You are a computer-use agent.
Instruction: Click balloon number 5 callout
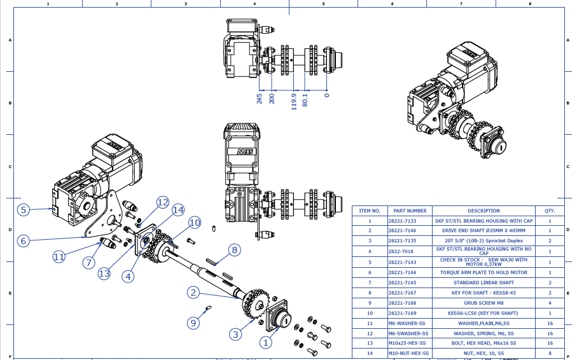pos(24,209)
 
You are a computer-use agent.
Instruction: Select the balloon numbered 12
pos(163,202)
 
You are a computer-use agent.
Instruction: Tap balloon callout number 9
pos(193,323)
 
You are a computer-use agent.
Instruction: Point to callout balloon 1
pos(265,342)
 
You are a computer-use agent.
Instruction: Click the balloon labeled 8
pos(234,250)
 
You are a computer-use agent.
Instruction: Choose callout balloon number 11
pos(59,256)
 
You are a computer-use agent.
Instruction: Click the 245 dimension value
pos(260,99)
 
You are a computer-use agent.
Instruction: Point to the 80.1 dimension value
pos(305,100)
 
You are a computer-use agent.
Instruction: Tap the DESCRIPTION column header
pos(483,211)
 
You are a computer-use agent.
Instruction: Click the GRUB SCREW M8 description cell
pos(483,303)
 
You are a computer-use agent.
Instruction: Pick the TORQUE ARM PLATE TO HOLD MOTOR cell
pos(483,272)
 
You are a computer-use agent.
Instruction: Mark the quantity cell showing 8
pos(550,352)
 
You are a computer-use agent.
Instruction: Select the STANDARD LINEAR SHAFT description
pos(483,282)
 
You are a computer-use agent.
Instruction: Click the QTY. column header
pos(550,211)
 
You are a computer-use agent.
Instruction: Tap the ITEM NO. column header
pos(370,211)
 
